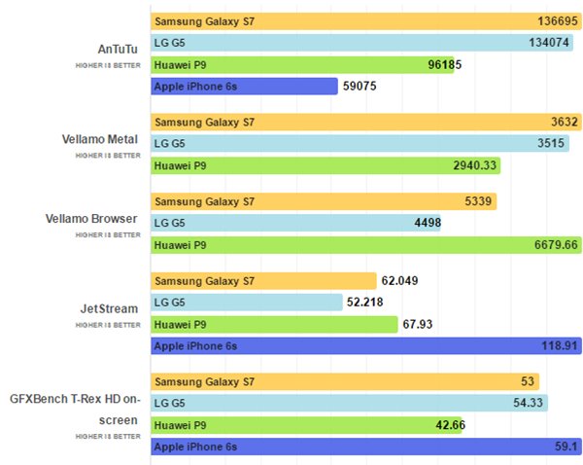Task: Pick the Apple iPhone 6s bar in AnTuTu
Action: (244, 86)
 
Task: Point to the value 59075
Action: (360, 86)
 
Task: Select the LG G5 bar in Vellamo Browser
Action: (282, 223)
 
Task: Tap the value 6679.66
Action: (557, 244)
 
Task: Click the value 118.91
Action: (561, 344)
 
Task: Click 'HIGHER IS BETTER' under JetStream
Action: (107, 324)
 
